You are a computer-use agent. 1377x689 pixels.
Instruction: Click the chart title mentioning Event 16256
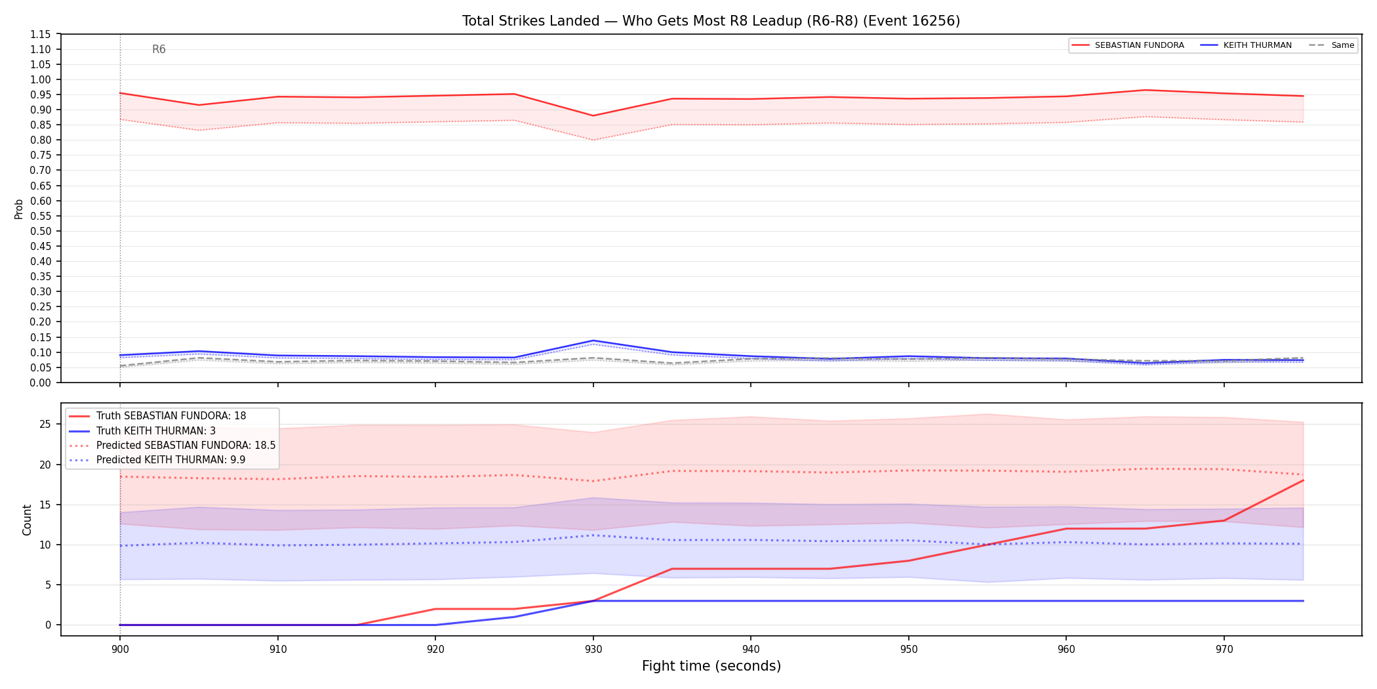[711, 21]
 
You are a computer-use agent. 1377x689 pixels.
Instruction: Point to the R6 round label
[159, 49]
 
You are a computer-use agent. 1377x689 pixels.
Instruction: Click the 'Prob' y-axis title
[19, 209]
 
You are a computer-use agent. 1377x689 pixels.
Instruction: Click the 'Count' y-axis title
[27, 520]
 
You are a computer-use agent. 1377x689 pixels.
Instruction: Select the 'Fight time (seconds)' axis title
[711, 666]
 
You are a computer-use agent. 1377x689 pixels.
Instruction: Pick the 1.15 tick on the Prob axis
[40, 34]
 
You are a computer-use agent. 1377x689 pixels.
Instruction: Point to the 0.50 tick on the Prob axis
[40, 231]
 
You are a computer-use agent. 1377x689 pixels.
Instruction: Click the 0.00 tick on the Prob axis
[40, 383]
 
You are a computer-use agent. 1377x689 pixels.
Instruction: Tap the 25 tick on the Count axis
[45, 424]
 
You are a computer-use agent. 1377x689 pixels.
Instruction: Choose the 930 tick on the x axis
[593, 650]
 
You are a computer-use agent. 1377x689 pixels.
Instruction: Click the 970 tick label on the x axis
[1224, 650]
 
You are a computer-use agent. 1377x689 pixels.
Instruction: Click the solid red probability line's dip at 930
[593, 116]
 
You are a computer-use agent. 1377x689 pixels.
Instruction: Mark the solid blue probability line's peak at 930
[593, 341]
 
